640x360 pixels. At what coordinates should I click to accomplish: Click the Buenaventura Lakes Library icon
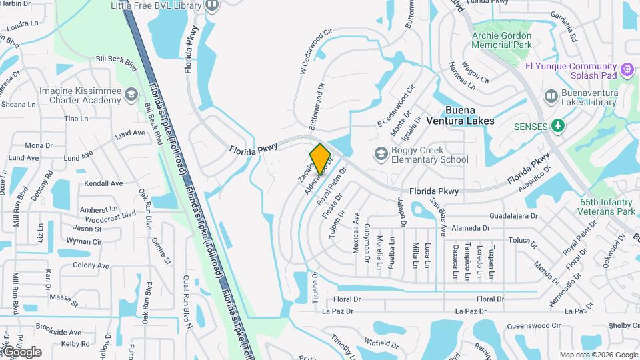551,97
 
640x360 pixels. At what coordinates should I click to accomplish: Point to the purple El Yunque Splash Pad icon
626,69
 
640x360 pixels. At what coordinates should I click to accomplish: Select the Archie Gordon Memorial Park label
501,40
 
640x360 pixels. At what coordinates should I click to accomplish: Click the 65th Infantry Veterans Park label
607,207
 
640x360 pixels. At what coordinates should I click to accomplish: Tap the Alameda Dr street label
471,228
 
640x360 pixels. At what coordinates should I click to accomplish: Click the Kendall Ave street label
103,183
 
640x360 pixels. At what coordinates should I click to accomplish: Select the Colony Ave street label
91,265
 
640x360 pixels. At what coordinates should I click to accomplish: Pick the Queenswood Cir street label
531,325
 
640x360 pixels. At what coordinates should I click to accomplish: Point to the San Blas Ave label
439,217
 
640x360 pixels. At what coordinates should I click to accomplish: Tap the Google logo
22,352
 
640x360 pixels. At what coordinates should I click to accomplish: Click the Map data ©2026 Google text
598,355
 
